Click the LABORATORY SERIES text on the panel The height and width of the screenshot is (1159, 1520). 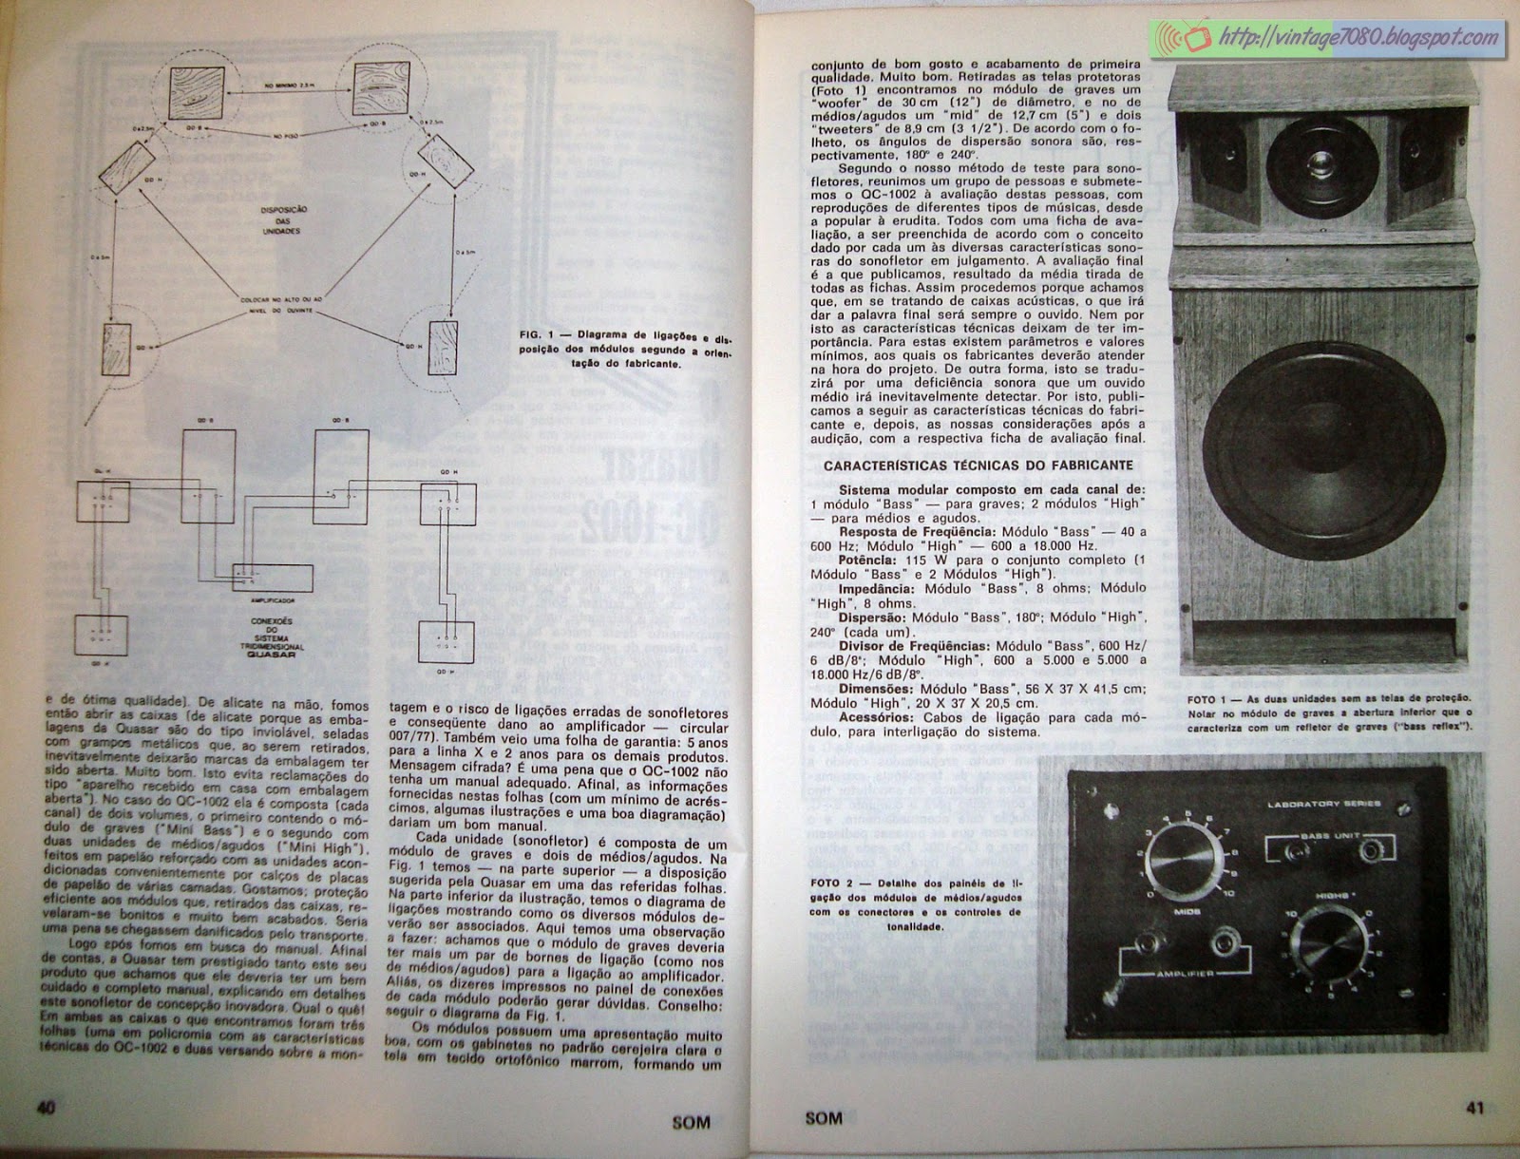point(1324,804)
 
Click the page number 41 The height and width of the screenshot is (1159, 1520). point(1473,1108)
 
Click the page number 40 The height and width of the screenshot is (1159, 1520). point(45,1109)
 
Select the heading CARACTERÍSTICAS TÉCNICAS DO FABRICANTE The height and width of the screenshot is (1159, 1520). point(978,465)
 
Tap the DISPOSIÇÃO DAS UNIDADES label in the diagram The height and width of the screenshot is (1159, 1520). point(283,220)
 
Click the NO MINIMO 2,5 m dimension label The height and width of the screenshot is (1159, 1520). point(290,85)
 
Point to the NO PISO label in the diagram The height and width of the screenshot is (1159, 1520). point(286,137)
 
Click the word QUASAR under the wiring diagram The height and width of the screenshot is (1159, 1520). point(271,655)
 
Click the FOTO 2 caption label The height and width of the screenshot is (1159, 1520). point(826,883)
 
